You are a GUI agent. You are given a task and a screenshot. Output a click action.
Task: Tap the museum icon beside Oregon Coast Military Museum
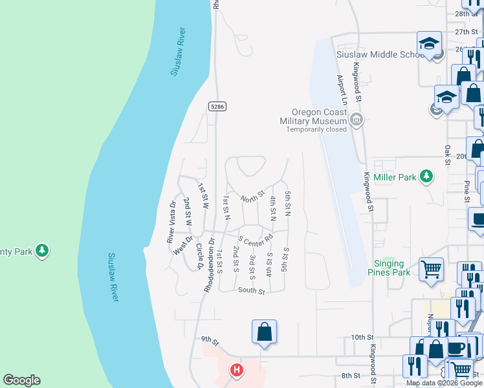(x=356, y=119)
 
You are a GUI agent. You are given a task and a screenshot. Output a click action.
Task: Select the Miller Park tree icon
(x=426, y=176)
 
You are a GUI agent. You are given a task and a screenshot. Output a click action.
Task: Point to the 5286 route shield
(x=217, y=107)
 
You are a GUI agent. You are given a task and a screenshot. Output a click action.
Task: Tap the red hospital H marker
(x=237, y=371)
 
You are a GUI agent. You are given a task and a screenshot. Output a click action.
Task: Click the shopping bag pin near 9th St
(x=264, y=332)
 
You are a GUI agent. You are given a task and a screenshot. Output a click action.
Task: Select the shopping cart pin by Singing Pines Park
(x=431, y=269)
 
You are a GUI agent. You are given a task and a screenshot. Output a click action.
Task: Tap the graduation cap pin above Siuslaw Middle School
(x=429, y=44)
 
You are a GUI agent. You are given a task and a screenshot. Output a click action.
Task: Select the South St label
(x=252, y=292)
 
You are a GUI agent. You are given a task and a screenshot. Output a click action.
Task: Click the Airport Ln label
(x=342, y=90)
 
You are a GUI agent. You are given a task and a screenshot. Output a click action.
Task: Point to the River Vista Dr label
(x=171, y=223)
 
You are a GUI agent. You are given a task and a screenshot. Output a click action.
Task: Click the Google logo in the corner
(x=21, y=380)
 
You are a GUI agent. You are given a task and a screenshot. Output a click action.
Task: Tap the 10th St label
(x=362, y=338)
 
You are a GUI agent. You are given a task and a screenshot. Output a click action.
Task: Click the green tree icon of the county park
(x=42, y=250)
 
